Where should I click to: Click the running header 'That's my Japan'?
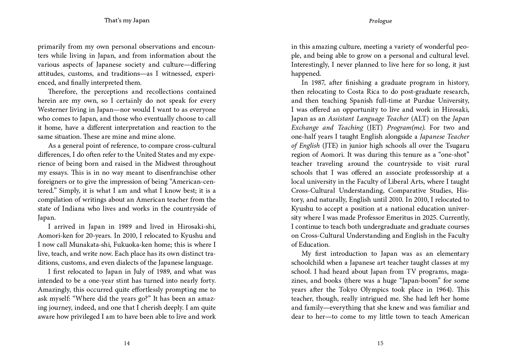coord(127,20)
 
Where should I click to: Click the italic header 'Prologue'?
coord(380,21)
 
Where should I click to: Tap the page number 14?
coord(127,343)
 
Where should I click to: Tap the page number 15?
coord(380,343)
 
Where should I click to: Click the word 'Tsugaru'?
coord(456,145)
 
